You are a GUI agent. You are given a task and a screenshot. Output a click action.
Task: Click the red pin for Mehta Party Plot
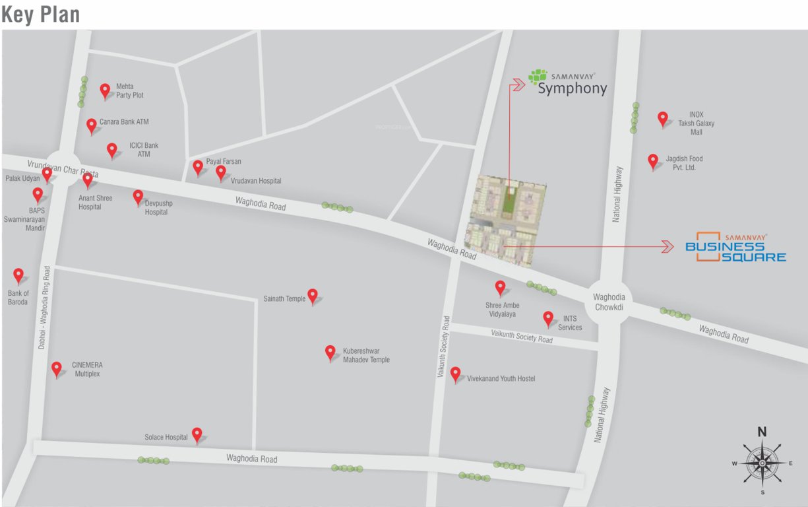click(x=105, y=90)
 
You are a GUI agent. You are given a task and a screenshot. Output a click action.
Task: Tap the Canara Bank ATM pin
click(x=92, y=125)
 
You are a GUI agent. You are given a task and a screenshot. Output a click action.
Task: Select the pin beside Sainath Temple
click(x=313, y=296)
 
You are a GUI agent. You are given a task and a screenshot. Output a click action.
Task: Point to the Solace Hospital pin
click(x=197, y=434)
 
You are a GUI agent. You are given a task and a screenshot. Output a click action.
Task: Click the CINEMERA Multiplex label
click(x=87, y=369)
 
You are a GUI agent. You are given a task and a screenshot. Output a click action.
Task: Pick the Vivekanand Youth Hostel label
click(x=501, y=379)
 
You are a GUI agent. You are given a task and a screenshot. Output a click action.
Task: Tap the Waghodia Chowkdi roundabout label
click(x=609, y=302)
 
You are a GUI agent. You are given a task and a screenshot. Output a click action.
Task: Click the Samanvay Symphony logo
click(x=567, y=82)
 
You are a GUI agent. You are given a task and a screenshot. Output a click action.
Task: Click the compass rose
click(x=762, y=462)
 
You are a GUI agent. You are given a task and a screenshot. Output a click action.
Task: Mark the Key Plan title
click(x=40, y=15)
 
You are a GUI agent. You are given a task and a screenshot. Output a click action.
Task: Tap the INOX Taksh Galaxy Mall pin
click(x=663, y=119)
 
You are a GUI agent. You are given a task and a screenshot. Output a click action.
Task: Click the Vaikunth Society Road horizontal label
click(x=522, y=337)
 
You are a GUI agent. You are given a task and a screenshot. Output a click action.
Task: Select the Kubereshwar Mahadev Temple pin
click(x=330, y=353)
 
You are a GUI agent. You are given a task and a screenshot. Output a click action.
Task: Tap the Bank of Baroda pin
click(x=18, y=275)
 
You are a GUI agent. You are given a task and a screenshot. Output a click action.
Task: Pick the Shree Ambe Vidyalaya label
click(x=502, y=310)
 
